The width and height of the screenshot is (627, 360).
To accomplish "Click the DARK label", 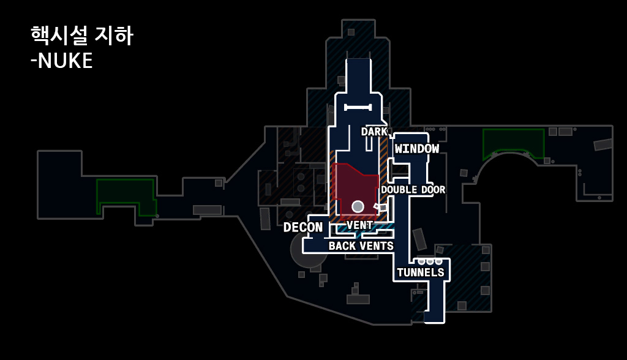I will coord(374,132).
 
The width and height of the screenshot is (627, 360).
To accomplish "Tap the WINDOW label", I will coord(417,149).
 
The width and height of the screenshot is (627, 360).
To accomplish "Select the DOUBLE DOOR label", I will coord(413,190).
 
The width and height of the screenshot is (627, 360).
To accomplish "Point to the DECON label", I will coord(302,228).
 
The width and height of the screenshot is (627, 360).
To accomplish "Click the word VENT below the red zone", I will coord(359,225).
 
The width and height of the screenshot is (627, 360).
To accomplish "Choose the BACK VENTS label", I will coord(361,246).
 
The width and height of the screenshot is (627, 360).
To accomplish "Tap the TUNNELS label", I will coord(421,272).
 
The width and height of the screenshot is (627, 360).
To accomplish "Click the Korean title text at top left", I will coord(81,36).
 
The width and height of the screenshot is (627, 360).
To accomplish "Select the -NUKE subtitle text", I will coord(61,61).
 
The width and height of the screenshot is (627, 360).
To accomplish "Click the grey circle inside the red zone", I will coord(358,206).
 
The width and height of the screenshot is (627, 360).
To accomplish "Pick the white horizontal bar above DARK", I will coord(358,107).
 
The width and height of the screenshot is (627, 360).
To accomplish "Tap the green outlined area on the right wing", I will coord(513,142).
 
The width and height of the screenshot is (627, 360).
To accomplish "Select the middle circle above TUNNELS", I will coord(430,261).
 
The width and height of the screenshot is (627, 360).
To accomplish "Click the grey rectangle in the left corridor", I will coord(207,210).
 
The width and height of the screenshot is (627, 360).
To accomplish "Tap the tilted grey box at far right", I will coord(603,144).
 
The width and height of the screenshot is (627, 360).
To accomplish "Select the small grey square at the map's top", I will coord(351,32).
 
